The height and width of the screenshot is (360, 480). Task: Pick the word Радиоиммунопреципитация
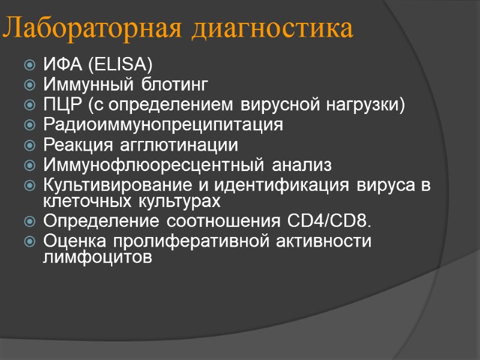[163, 125]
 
